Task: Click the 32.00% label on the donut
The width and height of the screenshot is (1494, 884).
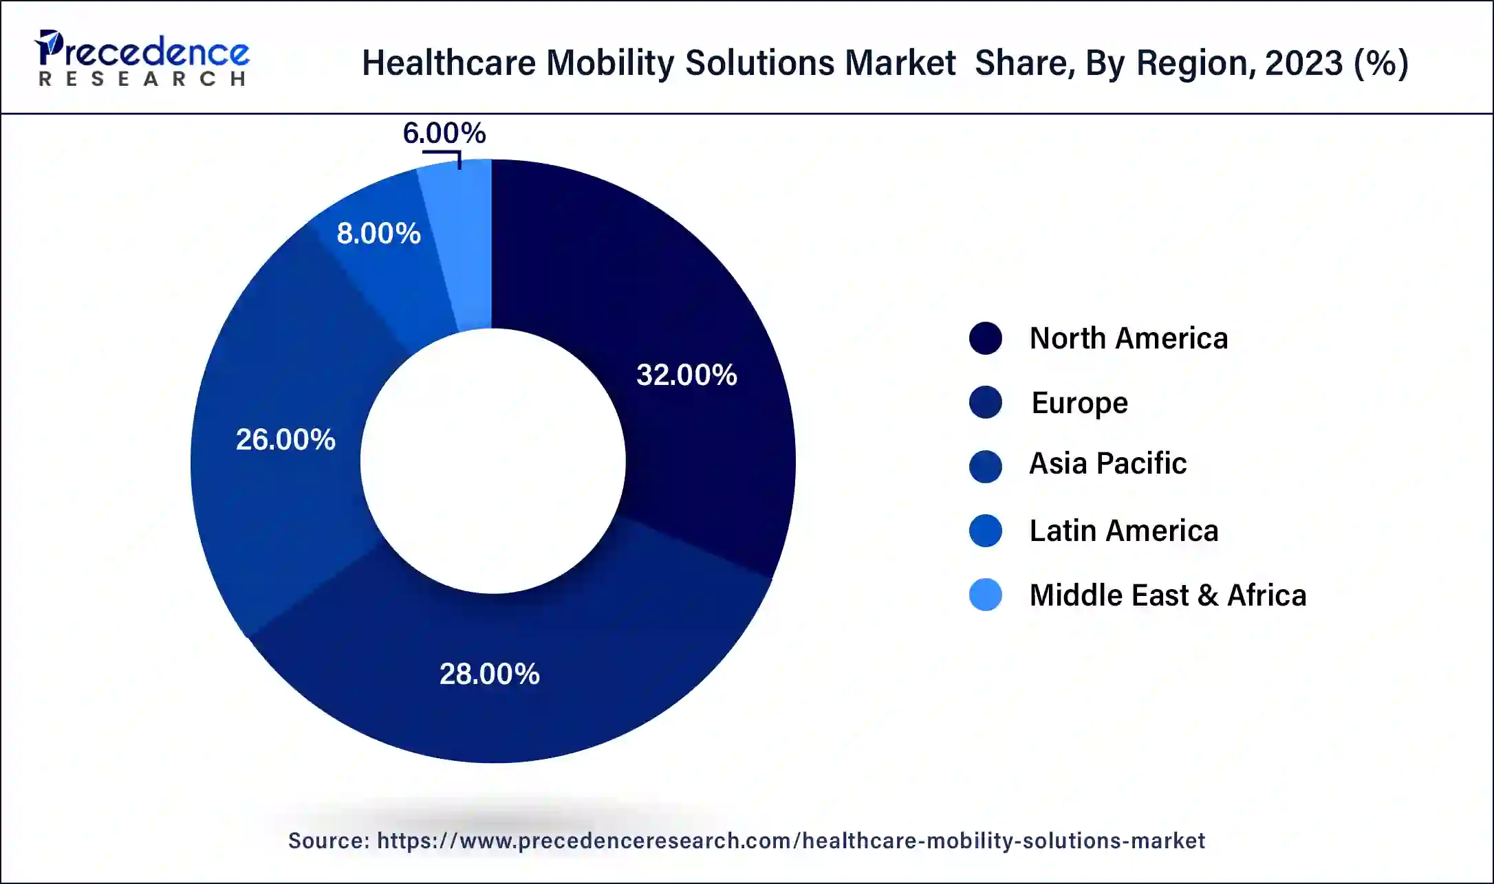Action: pyautogui.click(x=686, y=375)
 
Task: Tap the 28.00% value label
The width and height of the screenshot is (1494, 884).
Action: pyautogui.click(x=489, y=674)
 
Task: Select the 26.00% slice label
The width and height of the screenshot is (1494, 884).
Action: pyautogui.click(x=285, y=440)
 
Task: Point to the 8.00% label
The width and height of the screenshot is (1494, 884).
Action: pyautogui.click(x=378, y=234)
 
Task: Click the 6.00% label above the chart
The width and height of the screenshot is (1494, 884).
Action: pyautogui.click(x=444, y=133)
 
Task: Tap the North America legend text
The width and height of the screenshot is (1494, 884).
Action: pyautogui.click(x=1128, y=338)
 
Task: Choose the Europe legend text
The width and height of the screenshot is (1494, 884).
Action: pyautogui.click(x=1079, y=403)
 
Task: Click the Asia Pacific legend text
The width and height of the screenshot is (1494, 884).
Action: pyautogui.click(x=1107, y=464)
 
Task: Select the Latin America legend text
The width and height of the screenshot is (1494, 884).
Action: pyautogui.click(x=1123, y=531)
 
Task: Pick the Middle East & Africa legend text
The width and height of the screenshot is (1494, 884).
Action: pyautogui.click(x=1167, y=595)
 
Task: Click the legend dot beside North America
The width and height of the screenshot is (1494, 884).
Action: pyautogui.click(x=985, y=338)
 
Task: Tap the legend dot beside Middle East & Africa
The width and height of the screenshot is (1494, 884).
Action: pyautogui.click(x=985, y=595)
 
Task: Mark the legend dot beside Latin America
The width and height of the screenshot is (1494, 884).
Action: pyautogui.click(x=985, y=531)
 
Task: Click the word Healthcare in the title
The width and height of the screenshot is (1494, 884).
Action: pyautogui.click(x=448, y=63)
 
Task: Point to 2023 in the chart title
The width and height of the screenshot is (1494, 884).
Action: pyautogui.click(x=1303, y=63)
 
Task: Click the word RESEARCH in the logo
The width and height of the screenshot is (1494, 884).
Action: pyautogui.click(x=142, y=80)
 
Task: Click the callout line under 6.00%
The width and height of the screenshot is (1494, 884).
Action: pyautogui.click(x=444, y=153)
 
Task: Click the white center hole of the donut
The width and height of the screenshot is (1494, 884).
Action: pyautogui.click(x=492, y=461)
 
